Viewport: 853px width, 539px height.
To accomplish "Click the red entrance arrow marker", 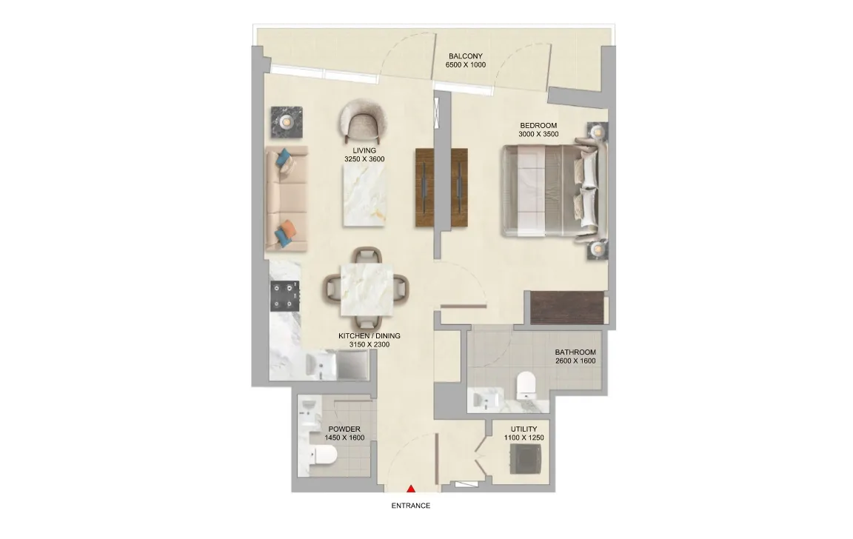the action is click(x=412, y=489).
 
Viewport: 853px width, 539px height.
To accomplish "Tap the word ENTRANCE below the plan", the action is click(x=411, y=506).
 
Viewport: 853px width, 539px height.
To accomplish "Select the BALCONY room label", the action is click(x=466, y=56).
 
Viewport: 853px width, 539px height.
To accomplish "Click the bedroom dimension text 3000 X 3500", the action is click(x=538, y=134).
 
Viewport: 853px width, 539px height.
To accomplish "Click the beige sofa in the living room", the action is click(x=286, y=198).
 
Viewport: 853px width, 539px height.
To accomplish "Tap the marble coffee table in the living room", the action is click(x=364, y=195).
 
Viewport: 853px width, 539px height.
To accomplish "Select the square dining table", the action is click(x=367, y=290).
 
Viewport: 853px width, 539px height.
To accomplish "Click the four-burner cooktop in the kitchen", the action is click(x=285, y=296).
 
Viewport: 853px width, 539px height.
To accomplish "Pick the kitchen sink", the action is click(x=321, y=365).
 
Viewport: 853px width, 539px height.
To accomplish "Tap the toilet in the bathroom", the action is click(x=526, y=384).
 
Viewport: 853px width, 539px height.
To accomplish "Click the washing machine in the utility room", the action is click(x=526, y=459).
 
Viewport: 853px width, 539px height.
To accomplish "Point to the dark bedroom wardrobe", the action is click(x=567, y=308).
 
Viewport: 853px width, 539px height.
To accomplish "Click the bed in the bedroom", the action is click(x=550, y=190).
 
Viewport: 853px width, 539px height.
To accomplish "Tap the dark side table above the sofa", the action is click(x=287, y=122).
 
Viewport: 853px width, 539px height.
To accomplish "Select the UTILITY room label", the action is click(x=524, y=429).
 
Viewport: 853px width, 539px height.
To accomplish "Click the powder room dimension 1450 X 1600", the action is click(x=344, y=438).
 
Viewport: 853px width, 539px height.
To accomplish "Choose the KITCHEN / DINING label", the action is click(x=369, y=336).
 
